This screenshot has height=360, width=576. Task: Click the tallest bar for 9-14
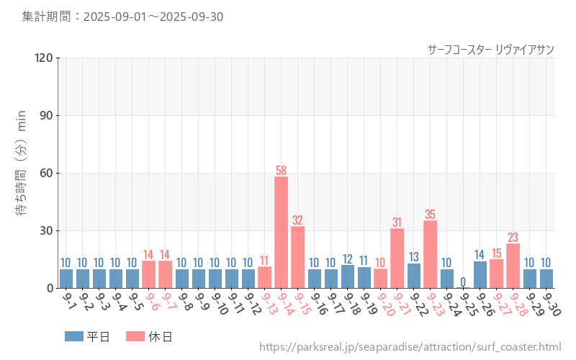[281, 232]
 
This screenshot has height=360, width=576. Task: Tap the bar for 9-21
[397, 258]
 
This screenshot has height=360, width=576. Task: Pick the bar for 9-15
[297, 257]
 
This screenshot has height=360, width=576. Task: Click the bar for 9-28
[513, 266]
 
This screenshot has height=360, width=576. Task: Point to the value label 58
[281, 171]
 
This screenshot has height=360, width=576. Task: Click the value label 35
[430, 215]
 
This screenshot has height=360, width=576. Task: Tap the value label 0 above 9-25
[463, 282]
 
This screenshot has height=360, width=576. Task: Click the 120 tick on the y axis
[43, 58]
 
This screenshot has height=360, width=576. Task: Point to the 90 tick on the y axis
[46, 115]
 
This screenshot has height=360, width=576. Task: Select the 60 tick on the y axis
[46, 173]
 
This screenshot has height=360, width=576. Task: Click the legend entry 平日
[87, 336]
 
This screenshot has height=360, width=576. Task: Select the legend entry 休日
[149, 336]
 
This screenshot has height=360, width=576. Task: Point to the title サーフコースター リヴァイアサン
[490, 49]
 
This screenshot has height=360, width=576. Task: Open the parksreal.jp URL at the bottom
[410, 348]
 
